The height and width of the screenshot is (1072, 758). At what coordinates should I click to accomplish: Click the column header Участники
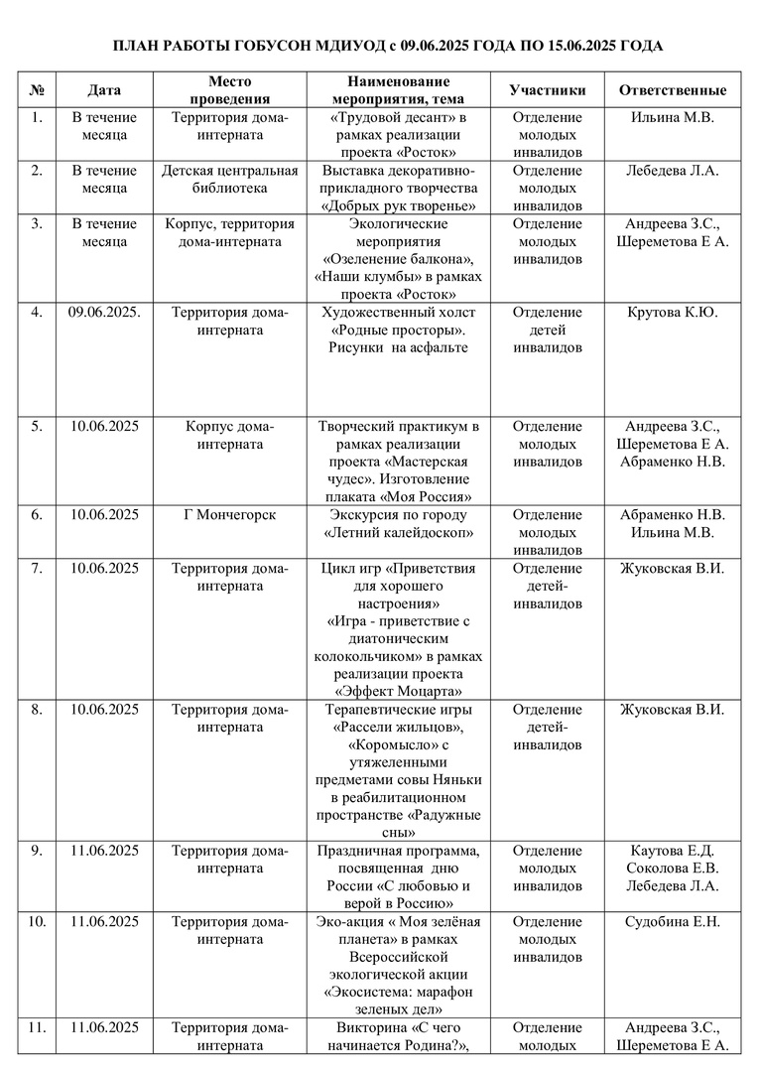[547, 90]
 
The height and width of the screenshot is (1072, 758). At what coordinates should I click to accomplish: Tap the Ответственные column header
[672, 90]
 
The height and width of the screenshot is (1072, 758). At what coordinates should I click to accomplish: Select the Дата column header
[104, 90]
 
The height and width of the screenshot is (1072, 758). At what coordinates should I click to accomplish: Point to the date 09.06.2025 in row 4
[104, 313]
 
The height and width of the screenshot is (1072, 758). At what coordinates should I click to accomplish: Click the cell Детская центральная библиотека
[230, 179]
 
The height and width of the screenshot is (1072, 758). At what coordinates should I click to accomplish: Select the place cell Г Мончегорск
[230, 515]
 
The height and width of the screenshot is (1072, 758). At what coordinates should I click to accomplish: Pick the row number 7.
[37, 569]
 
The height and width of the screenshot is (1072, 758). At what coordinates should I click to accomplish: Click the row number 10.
[37, 922]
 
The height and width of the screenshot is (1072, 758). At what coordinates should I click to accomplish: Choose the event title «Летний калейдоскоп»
[399, 533]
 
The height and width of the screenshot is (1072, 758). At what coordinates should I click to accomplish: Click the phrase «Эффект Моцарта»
[399, 692]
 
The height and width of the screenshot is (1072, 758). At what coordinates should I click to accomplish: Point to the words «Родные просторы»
[399, 330]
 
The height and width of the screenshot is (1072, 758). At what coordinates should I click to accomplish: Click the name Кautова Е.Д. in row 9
[673, 851]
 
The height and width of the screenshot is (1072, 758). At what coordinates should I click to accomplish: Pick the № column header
[37, 90]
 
